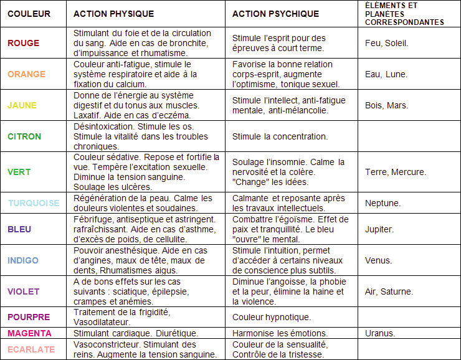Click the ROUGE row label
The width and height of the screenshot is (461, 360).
pyautogui.click(x=23, y=43)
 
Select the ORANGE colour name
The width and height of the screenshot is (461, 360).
pyautogui.click(x=26, y=74)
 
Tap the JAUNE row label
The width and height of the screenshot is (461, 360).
pyautogui.click(x=22, y=105)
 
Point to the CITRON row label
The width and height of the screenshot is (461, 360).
pyautogui.click(x=24, y=136)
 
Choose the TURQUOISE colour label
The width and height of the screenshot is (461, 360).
pyautogui.click(x=33, y=203)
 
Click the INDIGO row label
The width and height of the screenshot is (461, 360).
pyautogui.click(x=23, y=260)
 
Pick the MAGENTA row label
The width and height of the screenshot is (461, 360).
pyautogui.click(x=29, y=333)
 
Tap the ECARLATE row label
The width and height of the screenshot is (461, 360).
pyautogui.click(x=31, y=349)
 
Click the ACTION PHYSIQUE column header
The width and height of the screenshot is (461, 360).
pyautogui.click(x=113, y=14)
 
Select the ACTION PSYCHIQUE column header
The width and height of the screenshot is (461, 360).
pyautogui.click(x=275, y=14)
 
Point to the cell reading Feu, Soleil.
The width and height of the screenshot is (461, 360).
pyautogui.click(x=387, y=43)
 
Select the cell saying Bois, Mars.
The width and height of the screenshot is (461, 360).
pyautogui.click(x=386, y=105)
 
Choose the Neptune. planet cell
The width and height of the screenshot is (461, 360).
pyautogui.click(x=383, y=203)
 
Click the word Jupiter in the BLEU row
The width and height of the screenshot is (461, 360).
pyautogui.click(x=379, y=229)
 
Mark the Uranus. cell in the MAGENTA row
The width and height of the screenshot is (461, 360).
pyautogui.click(x=380, y=333)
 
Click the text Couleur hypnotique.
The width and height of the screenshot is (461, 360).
pyautogui.click(x=271, y=317)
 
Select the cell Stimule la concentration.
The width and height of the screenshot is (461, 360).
pyautogui.click(x=280, y=136)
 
